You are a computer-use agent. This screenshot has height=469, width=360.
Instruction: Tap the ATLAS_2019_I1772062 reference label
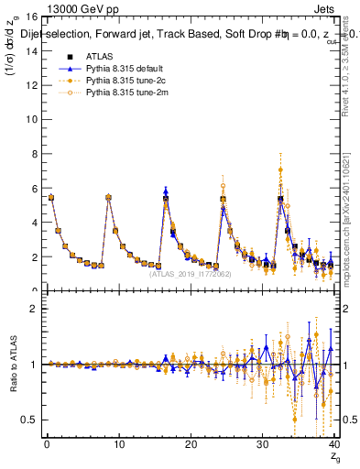click(x=190, y=273)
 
